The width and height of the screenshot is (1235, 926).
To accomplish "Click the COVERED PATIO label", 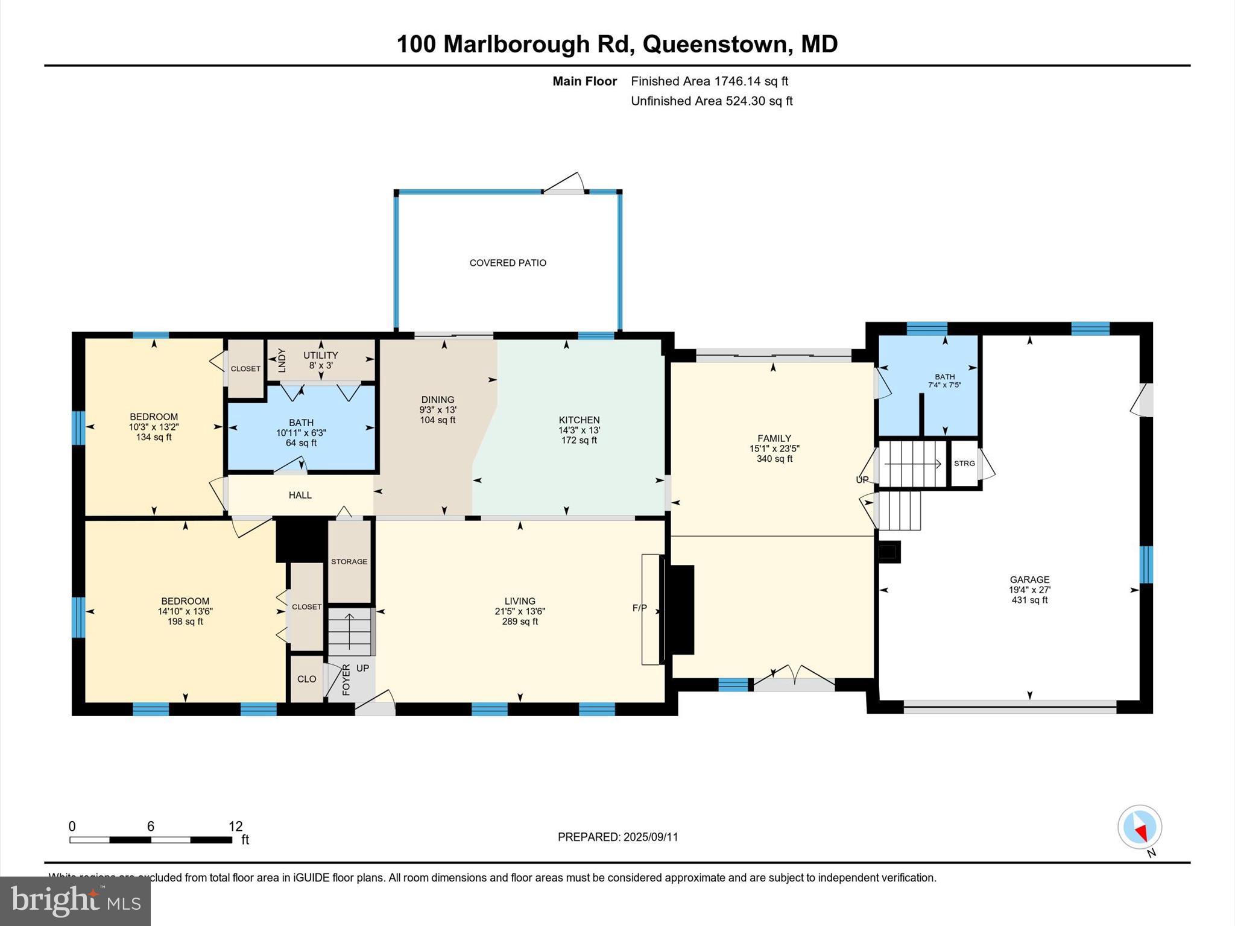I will pyautogui.click(x=508, y=263).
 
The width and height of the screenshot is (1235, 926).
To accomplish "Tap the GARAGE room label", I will pyautogui.click(x=1029, y=579).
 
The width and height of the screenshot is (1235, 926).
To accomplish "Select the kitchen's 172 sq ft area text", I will pyautogui.click(x=579, y=441).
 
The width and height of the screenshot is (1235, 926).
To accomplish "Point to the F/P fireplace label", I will pyautogui.click(x=639, y=608).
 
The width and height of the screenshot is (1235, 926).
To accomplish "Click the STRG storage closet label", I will pyautogui.click(x=964, y=463).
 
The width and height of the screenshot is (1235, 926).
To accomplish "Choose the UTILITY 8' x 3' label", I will pyautogui.click(x=320, y=360).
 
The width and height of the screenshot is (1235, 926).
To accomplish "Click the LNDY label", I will pyautogui.click(x=282, y=360).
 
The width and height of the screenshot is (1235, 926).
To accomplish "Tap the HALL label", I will pyautogui.click(x=300, y=495).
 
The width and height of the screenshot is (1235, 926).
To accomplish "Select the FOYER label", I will pyautogui.click(x=346, y=679).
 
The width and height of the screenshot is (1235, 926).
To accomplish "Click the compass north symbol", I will pyautogui.click(x=1139, y=827).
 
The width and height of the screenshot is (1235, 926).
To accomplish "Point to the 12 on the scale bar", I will pyautogui.click(x=235, y=827).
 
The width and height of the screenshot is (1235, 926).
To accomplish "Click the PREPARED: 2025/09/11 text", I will pyautogui.click(x=617, y=837).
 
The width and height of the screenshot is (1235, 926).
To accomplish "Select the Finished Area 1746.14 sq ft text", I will pyautogui.click(x=709, y=81).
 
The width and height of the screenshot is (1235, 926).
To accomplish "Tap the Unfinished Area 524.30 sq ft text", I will pyautogui.click(x=712, y=101).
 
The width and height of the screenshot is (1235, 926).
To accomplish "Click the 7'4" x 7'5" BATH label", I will pyautogui.click(x=944, y=380).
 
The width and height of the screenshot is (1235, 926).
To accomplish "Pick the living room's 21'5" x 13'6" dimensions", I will pyautogui.click(x=520, y=611).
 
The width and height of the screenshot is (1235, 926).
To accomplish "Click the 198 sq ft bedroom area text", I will pyautogui.click(x=185, y=622).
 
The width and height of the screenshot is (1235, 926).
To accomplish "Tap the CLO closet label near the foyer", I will pyautogui.click(x=306, y=679).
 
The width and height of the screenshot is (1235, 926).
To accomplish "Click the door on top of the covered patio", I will pyautogui.click(x=564, y=184).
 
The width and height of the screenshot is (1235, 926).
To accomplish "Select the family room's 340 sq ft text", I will pyautogui.click(x=774, y=459).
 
